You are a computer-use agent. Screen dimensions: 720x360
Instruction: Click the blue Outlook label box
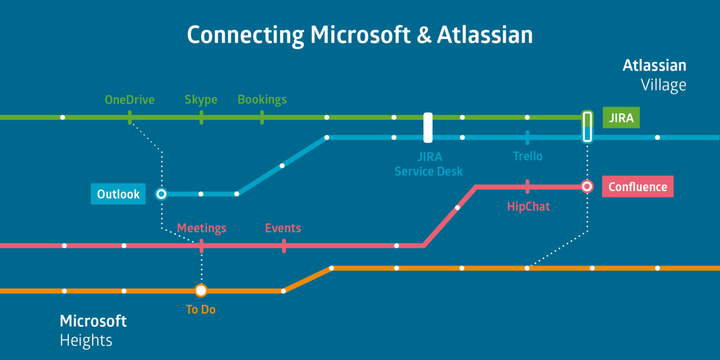point(118,194)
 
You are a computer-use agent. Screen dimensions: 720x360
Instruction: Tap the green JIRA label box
point(621,117)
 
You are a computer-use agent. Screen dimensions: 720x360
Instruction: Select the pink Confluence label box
point(638,186)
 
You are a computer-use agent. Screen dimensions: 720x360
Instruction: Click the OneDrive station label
point(129,100)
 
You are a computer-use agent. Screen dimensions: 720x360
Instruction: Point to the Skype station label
point(201,100)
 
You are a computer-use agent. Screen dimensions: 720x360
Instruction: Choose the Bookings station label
point(262,100)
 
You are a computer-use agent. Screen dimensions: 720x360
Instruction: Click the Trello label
point(528,156)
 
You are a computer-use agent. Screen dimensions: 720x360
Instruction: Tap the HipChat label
point(529,207)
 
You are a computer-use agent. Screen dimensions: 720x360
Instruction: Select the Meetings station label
point(201,228)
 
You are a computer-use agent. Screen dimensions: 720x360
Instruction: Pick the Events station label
point(283,228)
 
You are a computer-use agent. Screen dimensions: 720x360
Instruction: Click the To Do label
point(200,309)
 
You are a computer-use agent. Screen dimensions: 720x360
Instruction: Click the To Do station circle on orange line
point(201,290)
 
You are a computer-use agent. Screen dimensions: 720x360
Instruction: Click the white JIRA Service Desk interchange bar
point(428,128)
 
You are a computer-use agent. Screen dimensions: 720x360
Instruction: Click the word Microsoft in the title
point(360,34)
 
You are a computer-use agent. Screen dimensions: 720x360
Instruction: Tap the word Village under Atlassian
point(664,85)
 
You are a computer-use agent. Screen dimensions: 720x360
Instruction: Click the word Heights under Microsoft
point(86,340)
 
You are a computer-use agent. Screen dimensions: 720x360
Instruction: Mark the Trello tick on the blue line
point(527,138)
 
